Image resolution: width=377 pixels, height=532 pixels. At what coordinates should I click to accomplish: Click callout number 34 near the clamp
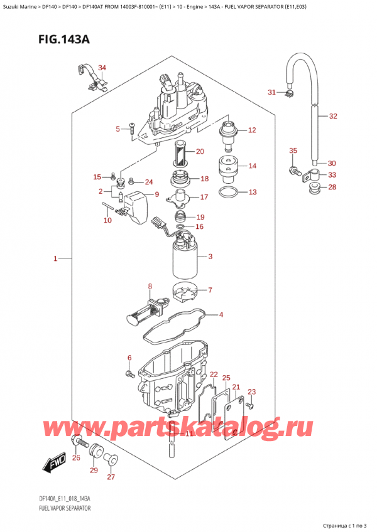[x=102, y=68]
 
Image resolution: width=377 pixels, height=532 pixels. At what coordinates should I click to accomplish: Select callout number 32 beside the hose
[x=333, y=116]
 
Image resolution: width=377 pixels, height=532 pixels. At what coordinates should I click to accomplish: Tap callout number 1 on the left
[x=55, y=258]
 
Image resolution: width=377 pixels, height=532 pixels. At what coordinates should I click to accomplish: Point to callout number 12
[x=252, y=130]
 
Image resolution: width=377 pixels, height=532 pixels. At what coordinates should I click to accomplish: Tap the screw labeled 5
[x=132, y=129]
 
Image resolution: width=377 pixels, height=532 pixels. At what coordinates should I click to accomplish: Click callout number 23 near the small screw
[x=252, y=392]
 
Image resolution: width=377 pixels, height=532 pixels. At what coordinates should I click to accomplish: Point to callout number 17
[x=204, y=197]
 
